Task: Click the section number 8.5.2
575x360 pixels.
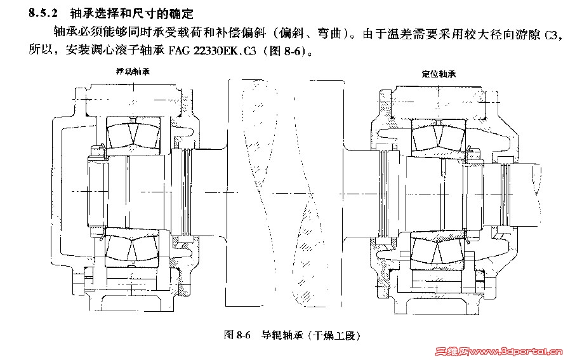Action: coord(43,13)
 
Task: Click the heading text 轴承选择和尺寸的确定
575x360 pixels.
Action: coord(131,13)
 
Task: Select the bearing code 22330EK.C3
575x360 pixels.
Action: coord(225,51)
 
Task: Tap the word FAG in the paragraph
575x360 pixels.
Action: coord(179,51)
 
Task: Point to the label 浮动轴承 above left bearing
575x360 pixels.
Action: coord(133,71)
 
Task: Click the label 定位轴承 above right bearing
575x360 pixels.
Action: coord(439,74)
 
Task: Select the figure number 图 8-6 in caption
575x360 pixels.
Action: coord(237,335)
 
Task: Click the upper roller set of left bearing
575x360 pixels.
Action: coord(133,133)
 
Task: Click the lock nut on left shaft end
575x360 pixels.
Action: coord(96,192)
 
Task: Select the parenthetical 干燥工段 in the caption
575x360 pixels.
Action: coord(334,335)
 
